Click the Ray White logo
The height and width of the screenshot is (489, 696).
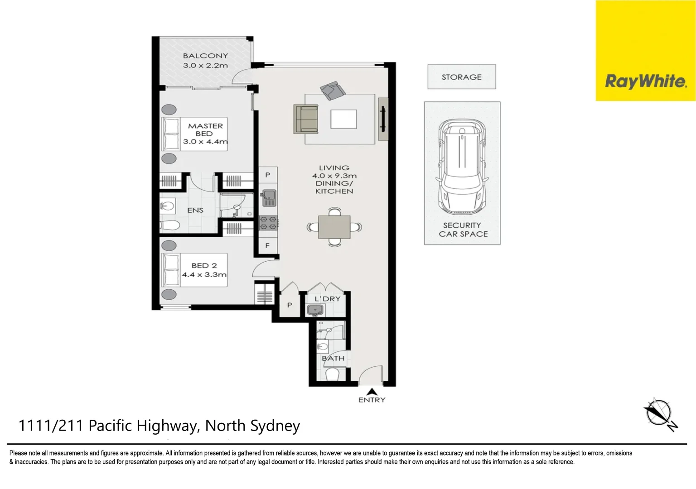click(645, 81)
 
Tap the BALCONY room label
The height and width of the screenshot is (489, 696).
click(205, 56)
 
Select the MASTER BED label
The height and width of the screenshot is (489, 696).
click(205, 129)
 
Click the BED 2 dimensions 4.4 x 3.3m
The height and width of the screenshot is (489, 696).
click(204, 274)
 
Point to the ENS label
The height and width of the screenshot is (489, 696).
click(195, 210)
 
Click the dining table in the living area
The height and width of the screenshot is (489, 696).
click(334, 227)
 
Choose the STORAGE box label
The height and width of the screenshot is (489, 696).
click(461, 77)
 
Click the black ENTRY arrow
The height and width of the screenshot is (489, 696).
click(372, 392)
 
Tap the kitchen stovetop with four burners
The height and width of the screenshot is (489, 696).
click(268, 223)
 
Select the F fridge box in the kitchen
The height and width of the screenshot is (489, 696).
click(267, 245)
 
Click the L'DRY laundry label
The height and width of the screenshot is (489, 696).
click(327, 299)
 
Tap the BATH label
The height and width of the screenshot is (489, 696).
click(333, 358)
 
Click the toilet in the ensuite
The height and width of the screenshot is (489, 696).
click(170, 225)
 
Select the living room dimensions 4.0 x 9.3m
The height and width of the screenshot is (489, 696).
click(334, 176)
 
